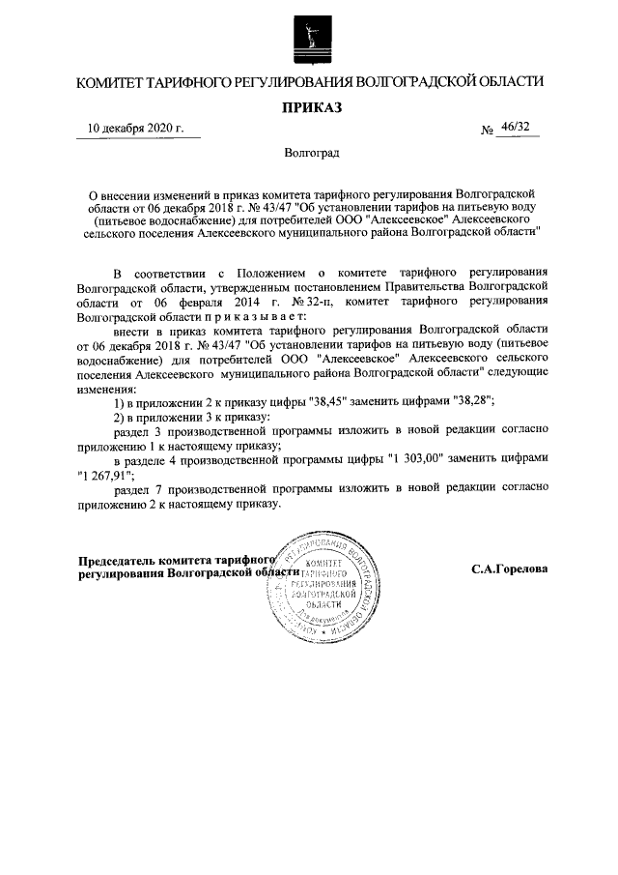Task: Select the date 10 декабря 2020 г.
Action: point(136,129)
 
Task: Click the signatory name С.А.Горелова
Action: point(510,569)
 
